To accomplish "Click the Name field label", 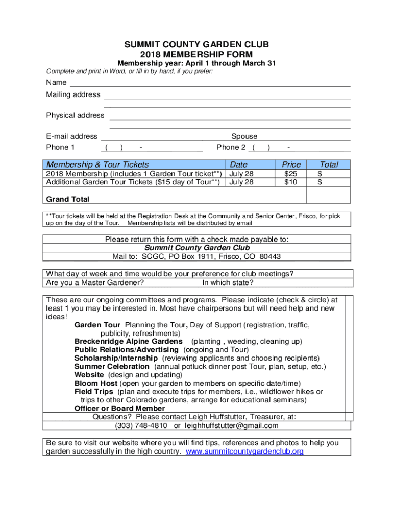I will click(56, 82).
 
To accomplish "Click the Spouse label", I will click(244, 136).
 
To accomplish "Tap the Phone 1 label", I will click(60, 147).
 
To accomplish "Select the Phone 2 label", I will click(231, 147).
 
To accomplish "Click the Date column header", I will click(238, 164).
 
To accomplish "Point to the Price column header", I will click(291, 164).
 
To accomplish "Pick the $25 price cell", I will click(291, 174).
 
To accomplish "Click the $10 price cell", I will click(291, 182).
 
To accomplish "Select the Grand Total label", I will click(67, 199).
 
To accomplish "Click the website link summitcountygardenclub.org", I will click(245, 451).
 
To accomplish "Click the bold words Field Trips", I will click(94, 392).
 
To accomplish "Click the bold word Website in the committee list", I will click(90, 375).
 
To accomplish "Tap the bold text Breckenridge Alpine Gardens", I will click(128, 341).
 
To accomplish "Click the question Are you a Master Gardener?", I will click(95, 282).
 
